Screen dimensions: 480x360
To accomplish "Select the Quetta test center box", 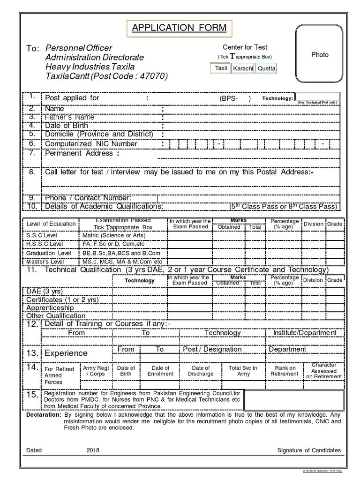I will [266, 68].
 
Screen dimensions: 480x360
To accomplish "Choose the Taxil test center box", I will [221, 68].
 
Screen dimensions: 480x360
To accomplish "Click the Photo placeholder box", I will [320, 55].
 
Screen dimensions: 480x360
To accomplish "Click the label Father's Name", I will [69, 117].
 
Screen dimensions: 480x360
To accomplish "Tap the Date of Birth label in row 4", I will [66, 125].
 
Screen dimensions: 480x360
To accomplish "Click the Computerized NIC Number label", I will [91, 144].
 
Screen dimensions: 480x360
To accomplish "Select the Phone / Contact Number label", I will [88, 198].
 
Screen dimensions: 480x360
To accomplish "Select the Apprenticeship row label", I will [50, 308].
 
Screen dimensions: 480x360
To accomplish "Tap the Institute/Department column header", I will [304, 333].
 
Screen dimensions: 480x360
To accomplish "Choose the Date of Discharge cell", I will [201, 371].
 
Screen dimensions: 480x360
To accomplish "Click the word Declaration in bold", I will [44, 415].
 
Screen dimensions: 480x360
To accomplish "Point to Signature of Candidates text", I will [308, 450].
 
